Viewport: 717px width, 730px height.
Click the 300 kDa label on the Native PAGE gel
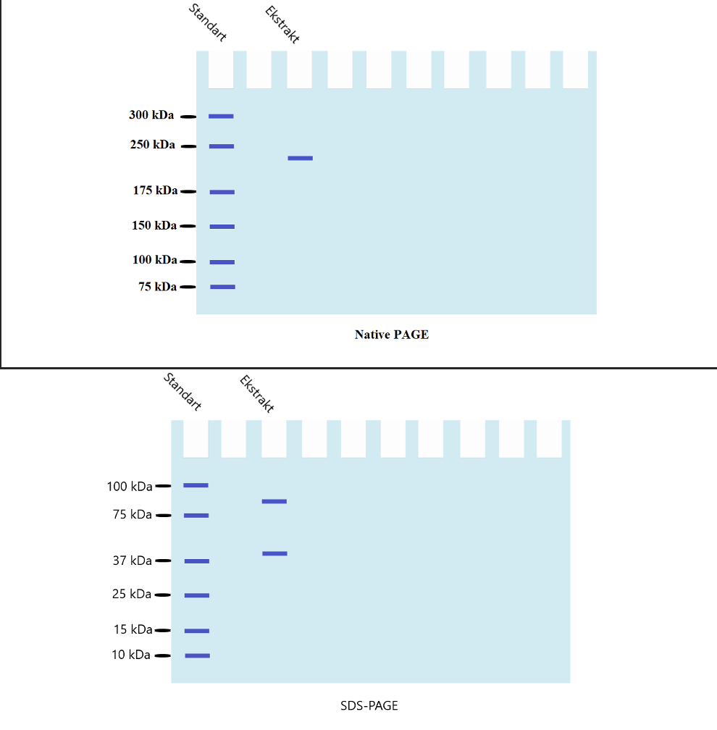pyautogui.click(x=151, y=115)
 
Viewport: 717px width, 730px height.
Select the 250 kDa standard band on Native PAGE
pyautogui.click(x=222, y=146)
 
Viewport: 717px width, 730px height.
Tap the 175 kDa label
pyautogui.click(x=155, y=190)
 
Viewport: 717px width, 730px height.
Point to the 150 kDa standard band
pyautogui.click(x=222, y=227)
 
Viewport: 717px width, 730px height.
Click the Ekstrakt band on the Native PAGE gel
pyautogui.click(x=300, y=158)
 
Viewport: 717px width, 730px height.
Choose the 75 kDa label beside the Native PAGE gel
pyautogui.click(x=158, y=287)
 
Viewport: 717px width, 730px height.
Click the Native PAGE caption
pyautogui.click(x=391, y=335)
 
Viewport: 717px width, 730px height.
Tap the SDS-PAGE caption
pyautogui.click(x=369, y=705)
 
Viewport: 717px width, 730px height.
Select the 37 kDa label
pyautogui.click(x=132, y=561)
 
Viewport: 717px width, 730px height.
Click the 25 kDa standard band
pyautogui.click(x=196, y=595)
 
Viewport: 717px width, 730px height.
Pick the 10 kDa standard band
pyautogui.click(x=197, y=655)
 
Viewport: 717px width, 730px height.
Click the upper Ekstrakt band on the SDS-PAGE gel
pyautogui.click(x=274, y=501)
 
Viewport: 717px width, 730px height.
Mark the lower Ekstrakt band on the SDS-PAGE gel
pyautogui.click(x=274, y=553)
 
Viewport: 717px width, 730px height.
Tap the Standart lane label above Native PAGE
pyautogui.click(x=207, y=22)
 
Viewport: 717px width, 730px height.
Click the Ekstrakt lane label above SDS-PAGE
pyautogui.click(x=256, y=394)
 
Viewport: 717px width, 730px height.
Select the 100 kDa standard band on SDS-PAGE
pyautogui.click(x=196, y=485)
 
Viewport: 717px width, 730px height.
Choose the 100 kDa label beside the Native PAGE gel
pyautogui.click(x=155, y=260)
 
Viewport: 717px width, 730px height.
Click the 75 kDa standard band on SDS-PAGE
pyautogui.click(x=196, y=516)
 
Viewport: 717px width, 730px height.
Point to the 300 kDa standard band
pyautogui.click(x=221, y=116)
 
